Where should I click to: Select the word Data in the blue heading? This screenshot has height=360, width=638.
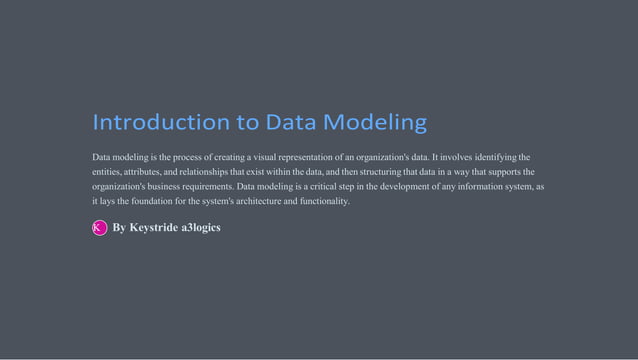click(289, 123)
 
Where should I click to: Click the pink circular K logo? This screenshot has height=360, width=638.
click(99, 228)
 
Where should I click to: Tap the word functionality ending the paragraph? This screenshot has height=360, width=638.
click(320, 202)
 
